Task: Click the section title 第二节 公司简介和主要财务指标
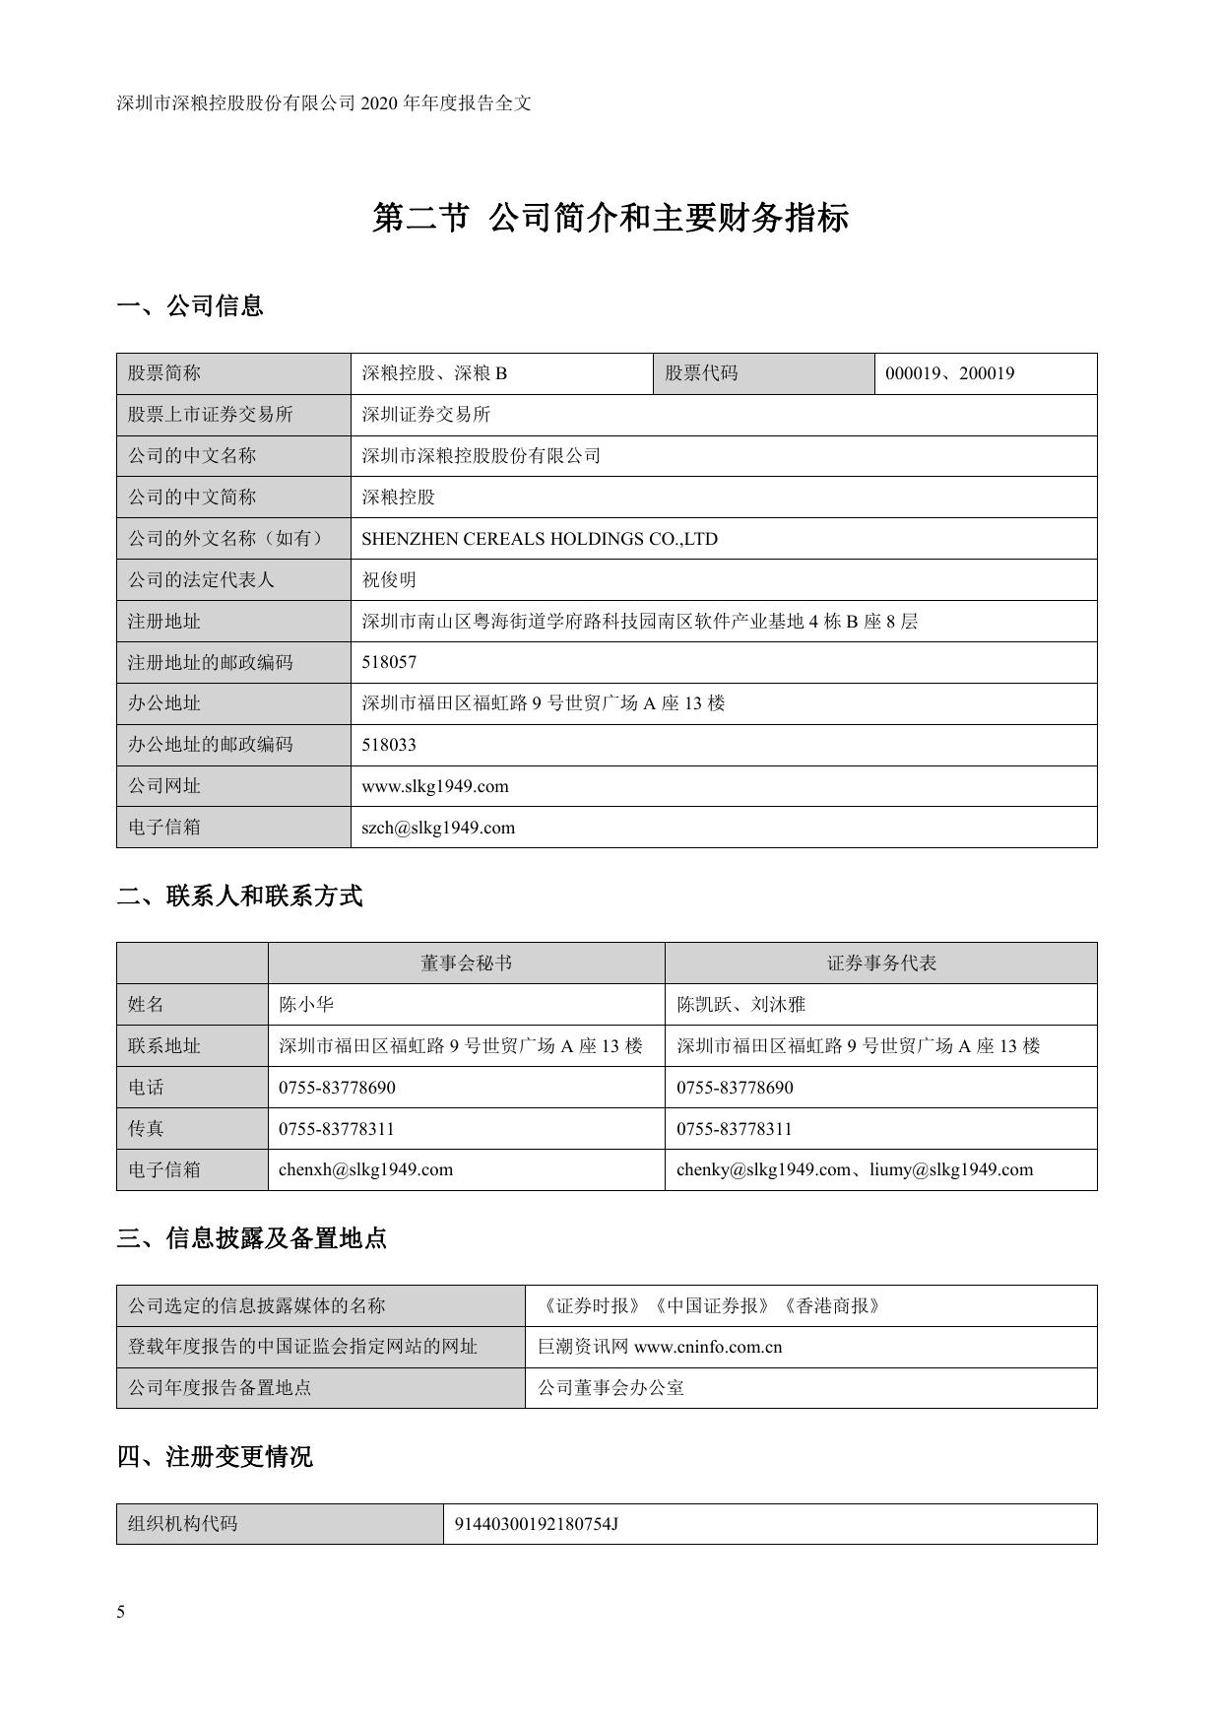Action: pos(611,218)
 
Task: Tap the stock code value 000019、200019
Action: pos(949,373)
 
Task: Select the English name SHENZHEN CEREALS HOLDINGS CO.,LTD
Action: pos(540,539)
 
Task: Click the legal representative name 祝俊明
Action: pos(389,580)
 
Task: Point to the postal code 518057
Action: pos(389,662)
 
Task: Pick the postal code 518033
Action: pos(389,745)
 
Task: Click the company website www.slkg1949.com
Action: pos(435,786)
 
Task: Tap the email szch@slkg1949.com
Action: pos(438,828)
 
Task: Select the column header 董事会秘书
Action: pos(466,964)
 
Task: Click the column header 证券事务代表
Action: pos(881,964)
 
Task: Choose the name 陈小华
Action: pos(306,1005)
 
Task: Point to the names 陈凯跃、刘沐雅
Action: pos(740,1005)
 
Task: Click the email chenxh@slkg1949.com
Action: pos(365,1169)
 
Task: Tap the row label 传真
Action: pos(146,1129)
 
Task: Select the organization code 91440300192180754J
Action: pos(536,1524)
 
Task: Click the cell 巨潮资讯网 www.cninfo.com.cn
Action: pos(660,1347)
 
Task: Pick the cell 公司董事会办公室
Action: pos(611,1388)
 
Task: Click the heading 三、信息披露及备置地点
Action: pos(252,1238)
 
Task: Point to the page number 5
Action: pos(121,1613)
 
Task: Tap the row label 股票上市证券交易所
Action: pos(210,415)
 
